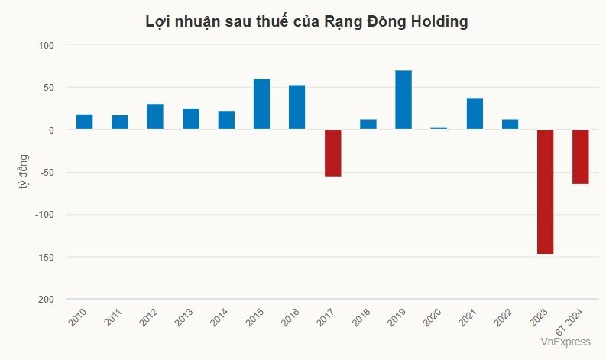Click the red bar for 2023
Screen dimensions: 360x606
545,191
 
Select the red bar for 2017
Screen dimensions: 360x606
332,153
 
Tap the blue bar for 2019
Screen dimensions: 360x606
403,100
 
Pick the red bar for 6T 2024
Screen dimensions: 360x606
581,157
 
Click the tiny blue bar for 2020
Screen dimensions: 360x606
439,128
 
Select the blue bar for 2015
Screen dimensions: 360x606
261,105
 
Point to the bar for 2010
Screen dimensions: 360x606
84,122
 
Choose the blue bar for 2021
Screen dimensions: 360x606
475,114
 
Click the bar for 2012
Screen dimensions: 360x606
155,117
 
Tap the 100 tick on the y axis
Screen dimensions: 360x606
47,46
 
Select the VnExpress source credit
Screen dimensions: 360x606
565,342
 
